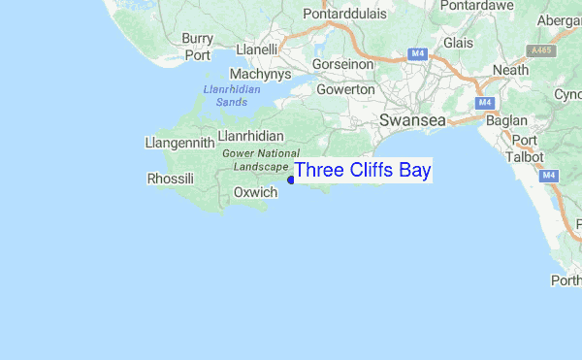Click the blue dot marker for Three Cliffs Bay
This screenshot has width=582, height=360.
pos(291,179)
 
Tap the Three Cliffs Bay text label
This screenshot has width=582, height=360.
pos(363,171)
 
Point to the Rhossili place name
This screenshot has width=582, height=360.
pos(170,179)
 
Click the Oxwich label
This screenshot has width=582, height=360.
pos(256,192)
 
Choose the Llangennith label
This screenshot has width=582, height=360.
pos(178,144)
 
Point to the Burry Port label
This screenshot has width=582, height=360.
pos(197,47)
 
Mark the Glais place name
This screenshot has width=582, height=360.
pos(458,43)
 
